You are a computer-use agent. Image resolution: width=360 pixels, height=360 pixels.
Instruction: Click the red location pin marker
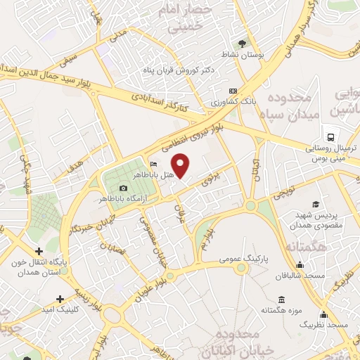(x=181, y=166)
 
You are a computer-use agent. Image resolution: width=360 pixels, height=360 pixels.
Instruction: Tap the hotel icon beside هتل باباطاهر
(x=154, y=165)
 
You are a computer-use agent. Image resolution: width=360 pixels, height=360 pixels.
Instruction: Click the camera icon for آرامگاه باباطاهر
(x=124, y=188)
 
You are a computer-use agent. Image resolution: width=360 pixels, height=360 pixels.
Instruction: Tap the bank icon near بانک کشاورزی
(x=233, y=91)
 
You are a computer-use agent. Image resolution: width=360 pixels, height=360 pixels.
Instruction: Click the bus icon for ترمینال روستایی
(x=328, y=136)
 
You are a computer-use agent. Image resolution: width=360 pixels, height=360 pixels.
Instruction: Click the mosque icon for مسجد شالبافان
(x=300, y=265)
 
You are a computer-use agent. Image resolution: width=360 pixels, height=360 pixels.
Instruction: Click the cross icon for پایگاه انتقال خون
(x=39, y=251)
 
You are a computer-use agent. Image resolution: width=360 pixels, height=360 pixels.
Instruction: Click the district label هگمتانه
(x=304, y=247)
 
